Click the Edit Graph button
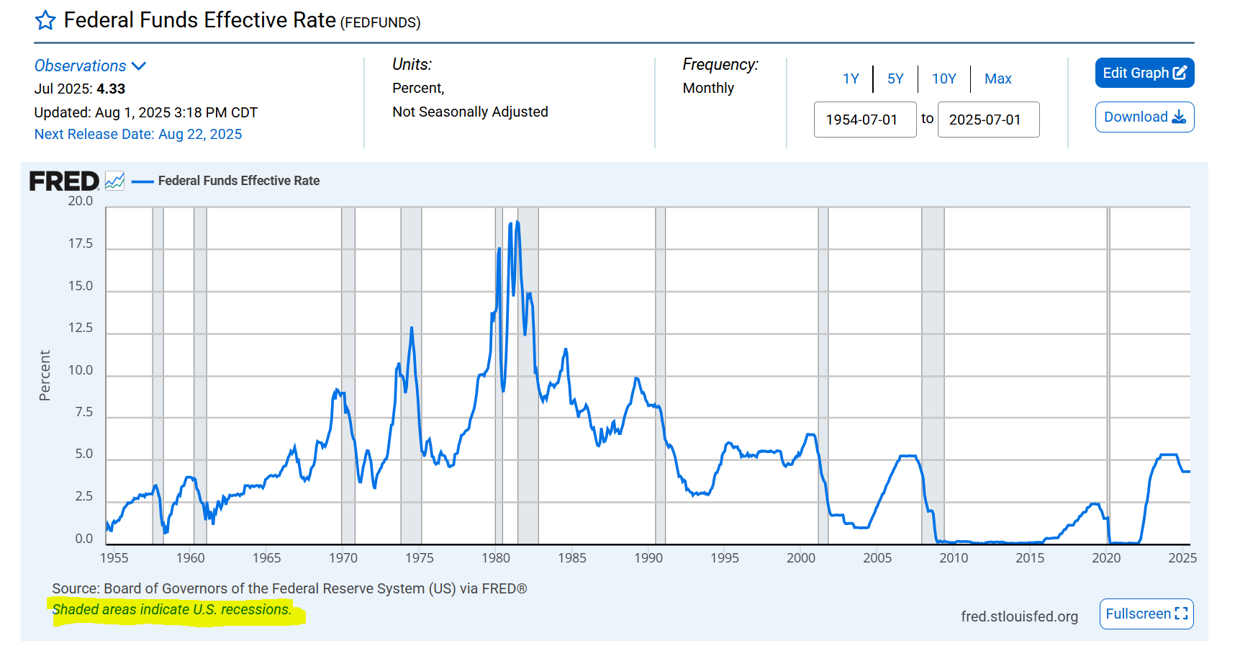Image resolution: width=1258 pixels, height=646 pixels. [x=1144, y=73]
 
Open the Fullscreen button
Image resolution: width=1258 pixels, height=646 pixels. [x=1146, y=614]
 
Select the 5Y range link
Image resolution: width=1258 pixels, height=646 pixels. [x=895, y=78]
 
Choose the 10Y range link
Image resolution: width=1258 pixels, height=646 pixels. [x=943, y=78]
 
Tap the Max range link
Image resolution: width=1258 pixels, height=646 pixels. [x=997, y=78]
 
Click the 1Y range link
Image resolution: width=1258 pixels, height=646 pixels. [x=851, y=78]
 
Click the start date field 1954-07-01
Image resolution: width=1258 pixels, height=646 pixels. [x=864, y=120]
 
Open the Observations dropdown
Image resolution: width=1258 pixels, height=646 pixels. [x=90, y=66]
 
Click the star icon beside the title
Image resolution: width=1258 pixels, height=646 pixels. [x=45, y=20]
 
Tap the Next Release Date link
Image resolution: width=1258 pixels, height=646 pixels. [x=138, y=134]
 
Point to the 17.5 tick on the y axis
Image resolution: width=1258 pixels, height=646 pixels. [x=81, y=243]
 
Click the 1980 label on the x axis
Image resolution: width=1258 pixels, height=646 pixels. [x=495, y=557]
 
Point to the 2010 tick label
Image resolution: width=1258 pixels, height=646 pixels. [x=954, y=557]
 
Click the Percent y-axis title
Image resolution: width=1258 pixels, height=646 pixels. [x=45, y=375]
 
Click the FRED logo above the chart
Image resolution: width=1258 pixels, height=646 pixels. [x=64, y=181]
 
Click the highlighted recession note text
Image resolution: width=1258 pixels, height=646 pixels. [x=172, y=609]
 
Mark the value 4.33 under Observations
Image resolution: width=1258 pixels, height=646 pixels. [x=111, y=89]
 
